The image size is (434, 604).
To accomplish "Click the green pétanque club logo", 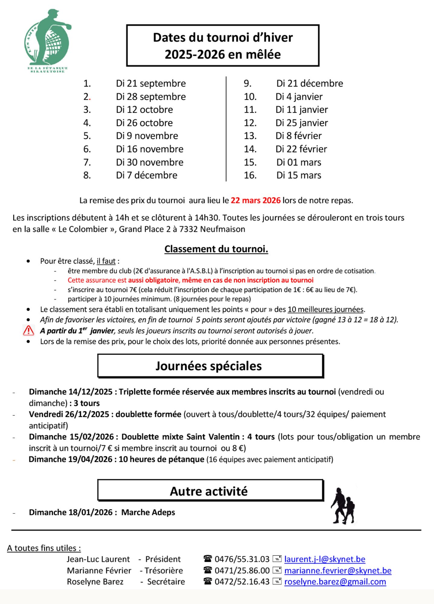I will [47, 41].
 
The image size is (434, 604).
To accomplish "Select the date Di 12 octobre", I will [144, 110].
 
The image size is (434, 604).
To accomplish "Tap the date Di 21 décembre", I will [310, 83].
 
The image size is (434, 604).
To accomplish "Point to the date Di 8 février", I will [298, 136].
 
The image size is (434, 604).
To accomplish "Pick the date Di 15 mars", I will [299, 175].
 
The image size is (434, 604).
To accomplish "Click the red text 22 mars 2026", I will [256, 201].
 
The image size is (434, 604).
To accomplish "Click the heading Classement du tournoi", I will [216, 249].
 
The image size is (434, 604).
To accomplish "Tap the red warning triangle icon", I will [29, 331].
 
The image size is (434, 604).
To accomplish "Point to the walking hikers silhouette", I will [343, 506].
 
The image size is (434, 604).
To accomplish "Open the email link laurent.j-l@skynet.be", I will [325, 559].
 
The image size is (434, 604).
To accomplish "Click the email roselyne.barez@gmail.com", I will [335, 582].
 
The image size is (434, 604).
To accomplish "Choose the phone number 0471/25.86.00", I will [242, 571].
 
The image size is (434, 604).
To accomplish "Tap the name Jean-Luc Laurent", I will [98, 559].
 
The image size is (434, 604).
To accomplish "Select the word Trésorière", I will [164, 571].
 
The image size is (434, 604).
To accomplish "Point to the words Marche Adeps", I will [148, 512].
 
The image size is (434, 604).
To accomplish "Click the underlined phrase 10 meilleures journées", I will [325, 310].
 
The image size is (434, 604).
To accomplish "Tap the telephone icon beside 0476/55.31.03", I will [208, 559].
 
